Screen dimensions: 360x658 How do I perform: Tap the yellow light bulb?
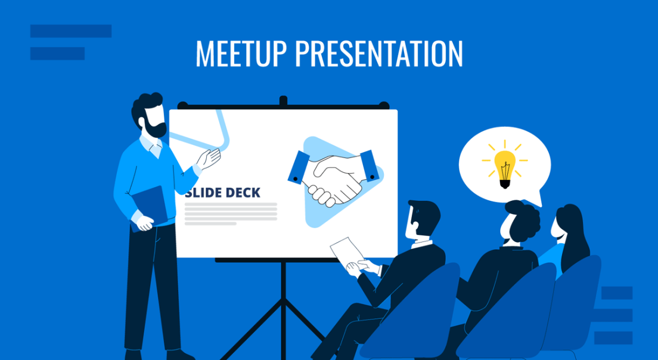click(x=505, y=166)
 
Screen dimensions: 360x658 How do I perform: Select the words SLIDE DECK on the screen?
click(x=222, y=193)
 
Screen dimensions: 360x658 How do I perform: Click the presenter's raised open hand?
click(x=209, y=158)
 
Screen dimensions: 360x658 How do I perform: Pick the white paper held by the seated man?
click(x=346, y=250)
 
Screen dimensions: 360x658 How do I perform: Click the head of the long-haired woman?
click(x=567, y=224)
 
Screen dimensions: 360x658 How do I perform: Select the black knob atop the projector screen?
click(x=283, y=100)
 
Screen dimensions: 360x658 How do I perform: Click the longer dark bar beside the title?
click(x=71, y=31)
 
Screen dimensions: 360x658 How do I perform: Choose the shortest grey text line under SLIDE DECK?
click(x=210, y=224)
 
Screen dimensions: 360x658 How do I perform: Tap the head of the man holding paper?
click(x=421, y=218)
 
